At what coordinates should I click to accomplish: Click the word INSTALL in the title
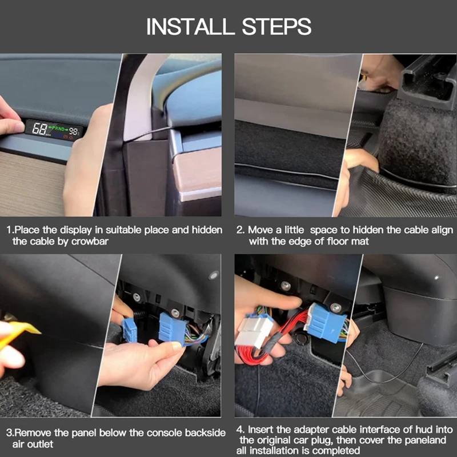(190, 26)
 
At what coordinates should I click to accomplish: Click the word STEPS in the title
(276, 26)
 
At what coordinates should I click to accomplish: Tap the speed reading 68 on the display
(39, 129)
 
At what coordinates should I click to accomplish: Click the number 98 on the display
(73, 132)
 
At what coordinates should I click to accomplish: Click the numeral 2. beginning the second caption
(240, 230)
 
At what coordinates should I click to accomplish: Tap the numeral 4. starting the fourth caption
(240, 430)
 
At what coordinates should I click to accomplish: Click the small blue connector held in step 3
(130, 330)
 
